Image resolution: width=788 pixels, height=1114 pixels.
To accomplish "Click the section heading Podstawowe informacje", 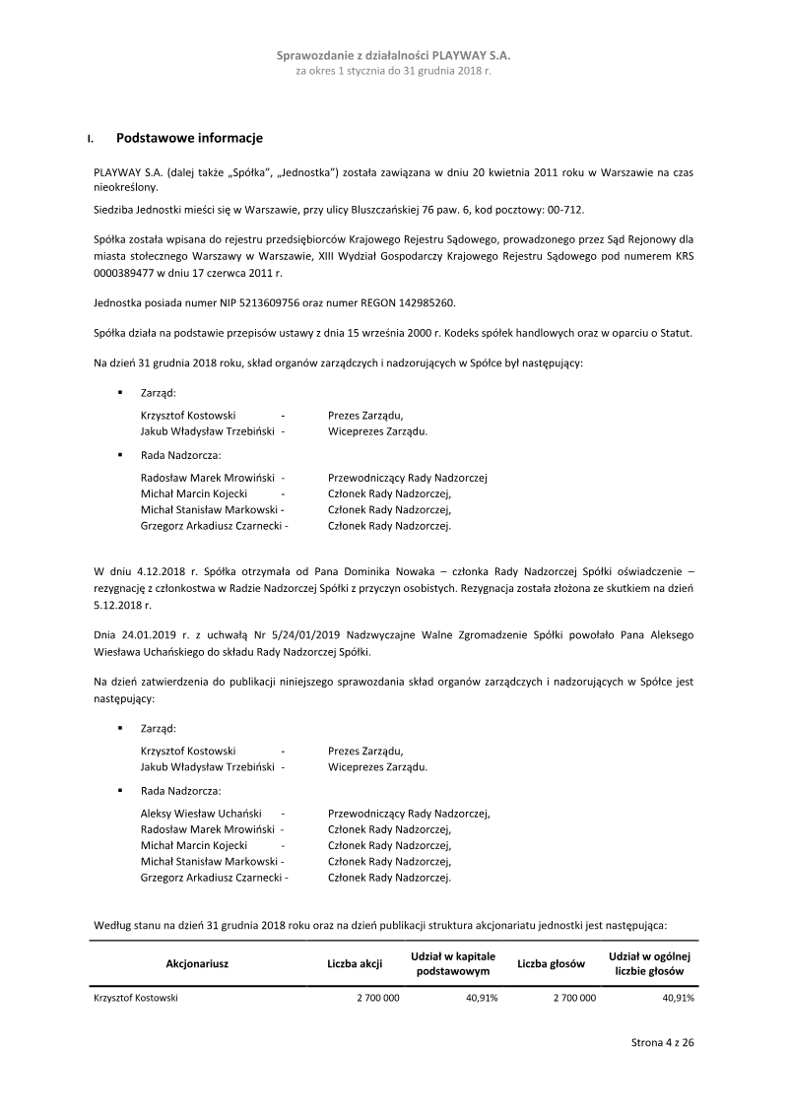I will (x=189, y=138).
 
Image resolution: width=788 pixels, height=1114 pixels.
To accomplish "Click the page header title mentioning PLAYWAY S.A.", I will (x=394, y=56).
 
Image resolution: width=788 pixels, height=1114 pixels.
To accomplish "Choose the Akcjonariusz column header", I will (x=197, y=963).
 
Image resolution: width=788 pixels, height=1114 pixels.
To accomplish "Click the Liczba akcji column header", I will (x=355, y=963).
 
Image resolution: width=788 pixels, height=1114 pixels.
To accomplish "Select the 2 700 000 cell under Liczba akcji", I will (x=377, y=998).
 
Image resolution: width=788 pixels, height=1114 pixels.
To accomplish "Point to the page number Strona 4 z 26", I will (x=663, y=1042).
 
